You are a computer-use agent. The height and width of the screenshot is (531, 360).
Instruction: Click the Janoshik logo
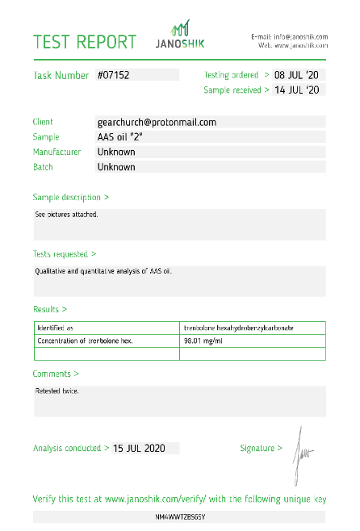pyautogui.click(x=182, y=36)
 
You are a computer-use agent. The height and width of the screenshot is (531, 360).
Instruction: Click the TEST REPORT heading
pyautogui.click(x=85, y=41)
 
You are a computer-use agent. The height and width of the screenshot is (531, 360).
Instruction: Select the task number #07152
pyautogui.click(x=114, y=75)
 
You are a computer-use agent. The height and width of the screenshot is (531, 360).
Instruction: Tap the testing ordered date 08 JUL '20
pyautogui.click(x=296, y=75)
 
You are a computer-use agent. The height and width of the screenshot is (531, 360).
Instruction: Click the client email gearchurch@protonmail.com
pyautogui.click(x=157, y=123)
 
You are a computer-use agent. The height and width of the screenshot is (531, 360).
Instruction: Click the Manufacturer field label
pyautogui.click(x=57, y=152)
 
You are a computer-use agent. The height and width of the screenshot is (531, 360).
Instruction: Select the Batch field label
pyautogui.click(x=43, y=167)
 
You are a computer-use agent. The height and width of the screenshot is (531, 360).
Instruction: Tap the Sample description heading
pyautogui.click(x=70, y=197)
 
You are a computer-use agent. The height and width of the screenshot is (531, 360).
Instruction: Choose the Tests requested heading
pyautogui.click(x=65, y=253)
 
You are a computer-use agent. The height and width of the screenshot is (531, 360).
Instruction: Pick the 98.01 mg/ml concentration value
pyautogui.click(x=203, y=341)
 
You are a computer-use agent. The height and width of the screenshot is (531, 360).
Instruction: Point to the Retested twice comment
pyautogui.click(x=57, y=391)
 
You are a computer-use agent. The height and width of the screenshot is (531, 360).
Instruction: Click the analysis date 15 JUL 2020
pyautogui.click(x=144, y=448)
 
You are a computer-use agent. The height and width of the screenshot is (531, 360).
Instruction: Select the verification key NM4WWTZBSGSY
pyautogui.click(x=179, y=516)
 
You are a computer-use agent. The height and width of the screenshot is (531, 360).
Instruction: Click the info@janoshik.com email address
pyautogui.click(x=299, y=36)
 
